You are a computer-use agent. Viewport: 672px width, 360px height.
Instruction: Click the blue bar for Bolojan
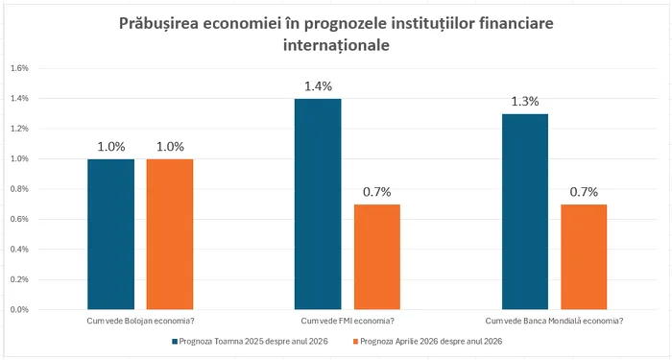pyautogui.click(x=110, y=234)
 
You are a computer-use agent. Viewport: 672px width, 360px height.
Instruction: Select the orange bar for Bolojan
pyautogui.click(x=170, y=234)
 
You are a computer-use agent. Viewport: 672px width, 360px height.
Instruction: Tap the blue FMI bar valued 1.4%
pyautogui.click(x=318, y=204)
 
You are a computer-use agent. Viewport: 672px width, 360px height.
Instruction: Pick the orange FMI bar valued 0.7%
pyautogui.click(x=376, y=256)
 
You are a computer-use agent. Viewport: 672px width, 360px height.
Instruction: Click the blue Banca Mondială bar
pyautogui.click(x=524, y=211)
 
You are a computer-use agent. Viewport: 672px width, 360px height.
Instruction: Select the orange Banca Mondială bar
pyautogui.click(x=584, y=256)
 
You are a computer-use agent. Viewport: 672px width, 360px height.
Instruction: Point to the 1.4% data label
pyautogui.click(x=318, y=86)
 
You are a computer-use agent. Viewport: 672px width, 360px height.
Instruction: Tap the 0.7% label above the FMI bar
pyautogui.click(x=376, y=192)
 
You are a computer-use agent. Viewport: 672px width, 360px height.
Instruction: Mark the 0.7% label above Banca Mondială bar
pyautogui.click(x=584, y=192)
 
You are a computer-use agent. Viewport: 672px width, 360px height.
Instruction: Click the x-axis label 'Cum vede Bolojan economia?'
pyautogui.click(x=140, y=321)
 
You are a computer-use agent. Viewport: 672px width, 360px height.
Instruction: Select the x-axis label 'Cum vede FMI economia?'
pyautogui.click(x=347, y=321)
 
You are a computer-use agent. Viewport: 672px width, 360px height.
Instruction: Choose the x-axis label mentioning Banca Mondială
pyautogui.click(x=554, y=321)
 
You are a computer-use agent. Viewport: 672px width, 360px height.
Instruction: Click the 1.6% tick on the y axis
pyautogui.click(x=20, y=68)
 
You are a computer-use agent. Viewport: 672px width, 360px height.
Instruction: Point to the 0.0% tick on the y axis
pyautogui.click(x=20, y=310)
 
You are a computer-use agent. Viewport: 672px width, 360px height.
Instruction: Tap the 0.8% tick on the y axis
pyautogui.click(x=20, y=189)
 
